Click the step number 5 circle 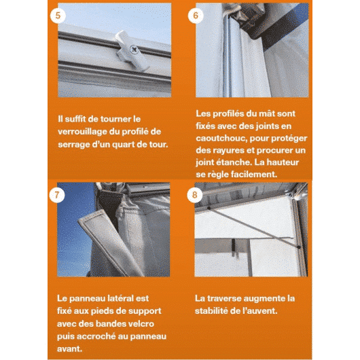58,16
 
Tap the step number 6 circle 196,16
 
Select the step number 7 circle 57,195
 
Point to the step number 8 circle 195,195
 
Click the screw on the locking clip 134,50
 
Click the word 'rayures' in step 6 228,151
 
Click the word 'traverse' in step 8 224,298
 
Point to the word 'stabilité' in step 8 211,311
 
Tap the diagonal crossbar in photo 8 254,228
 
